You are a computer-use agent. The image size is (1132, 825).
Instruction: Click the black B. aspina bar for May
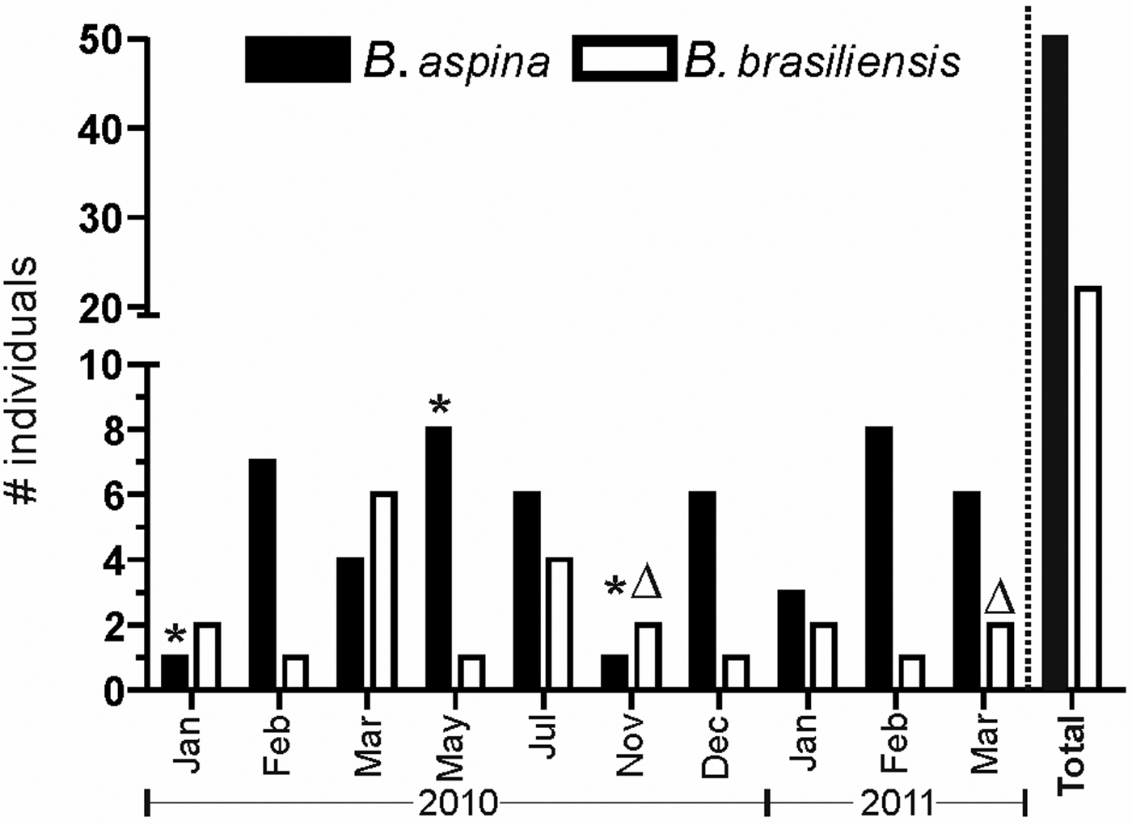438,558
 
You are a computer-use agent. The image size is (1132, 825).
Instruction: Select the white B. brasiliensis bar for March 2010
384,591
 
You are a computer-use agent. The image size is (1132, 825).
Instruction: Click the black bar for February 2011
878,558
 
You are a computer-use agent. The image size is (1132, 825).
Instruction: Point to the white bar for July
559,623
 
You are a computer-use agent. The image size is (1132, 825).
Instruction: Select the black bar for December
701,590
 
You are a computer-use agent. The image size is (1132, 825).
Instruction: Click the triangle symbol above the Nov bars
646,583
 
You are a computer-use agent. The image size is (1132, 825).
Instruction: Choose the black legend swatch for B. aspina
298,59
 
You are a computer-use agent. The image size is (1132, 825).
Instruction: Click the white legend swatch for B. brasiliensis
623,59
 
